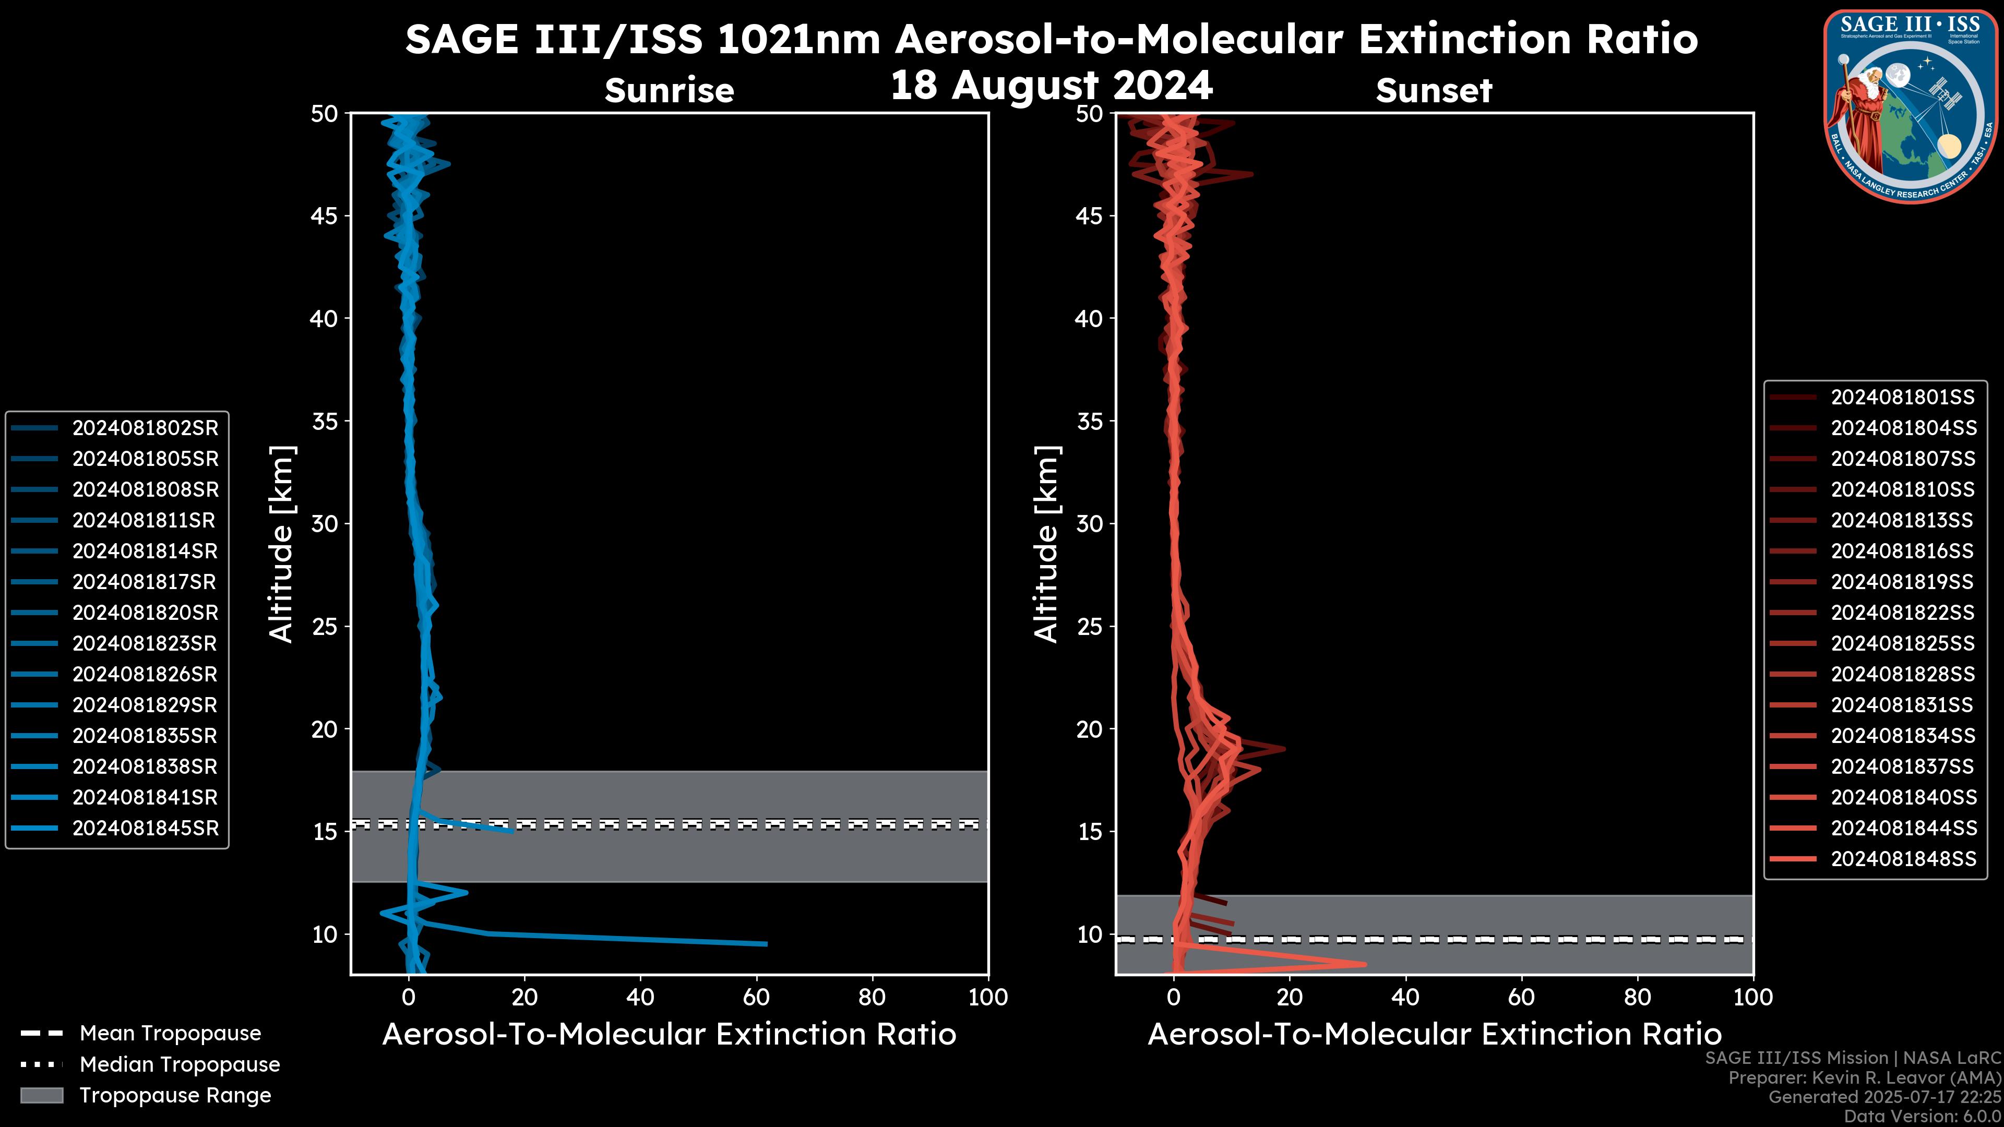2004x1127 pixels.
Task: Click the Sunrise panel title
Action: (669, 91)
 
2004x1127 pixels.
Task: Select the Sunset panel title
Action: (1434, 91)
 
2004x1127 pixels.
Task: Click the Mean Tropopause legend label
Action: (170, 1034)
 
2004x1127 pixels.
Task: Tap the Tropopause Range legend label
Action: (175, 1095)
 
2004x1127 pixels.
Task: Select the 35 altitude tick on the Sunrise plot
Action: (325, 422)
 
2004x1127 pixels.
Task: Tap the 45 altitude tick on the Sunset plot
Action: (1089, 216)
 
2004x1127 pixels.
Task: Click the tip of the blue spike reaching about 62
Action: (766, 944)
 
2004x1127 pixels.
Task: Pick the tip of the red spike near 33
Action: (1365, 964)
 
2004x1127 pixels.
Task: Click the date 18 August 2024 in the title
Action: (1051, 86)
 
